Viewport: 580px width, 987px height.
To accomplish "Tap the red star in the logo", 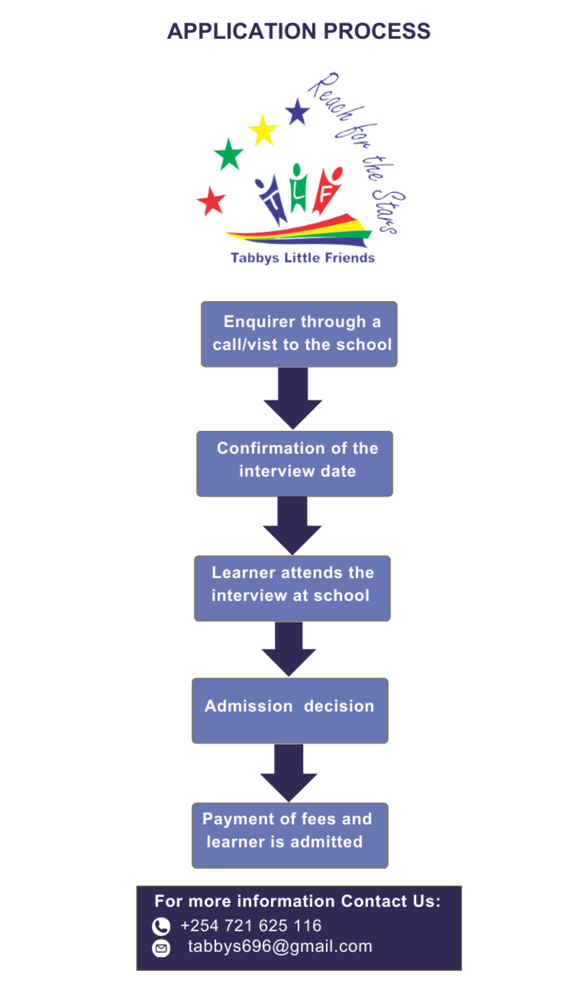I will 211,201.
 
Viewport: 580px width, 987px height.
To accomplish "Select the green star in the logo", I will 229,155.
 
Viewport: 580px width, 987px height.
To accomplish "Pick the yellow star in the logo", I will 263,130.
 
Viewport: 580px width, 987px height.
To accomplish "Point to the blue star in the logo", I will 298,112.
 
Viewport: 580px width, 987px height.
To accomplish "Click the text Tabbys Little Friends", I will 303,258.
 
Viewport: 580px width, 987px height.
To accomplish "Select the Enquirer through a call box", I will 299,333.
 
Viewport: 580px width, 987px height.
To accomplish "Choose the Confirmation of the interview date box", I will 295,463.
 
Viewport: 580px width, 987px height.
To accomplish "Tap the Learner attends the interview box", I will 292,587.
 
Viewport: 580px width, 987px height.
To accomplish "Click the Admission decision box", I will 290,709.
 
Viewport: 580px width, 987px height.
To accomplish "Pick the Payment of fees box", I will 290,834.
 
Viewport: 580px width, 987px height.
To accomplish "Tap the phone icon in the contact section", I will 161,927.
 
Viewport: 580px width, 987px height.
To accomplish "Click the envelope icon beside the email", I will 161,949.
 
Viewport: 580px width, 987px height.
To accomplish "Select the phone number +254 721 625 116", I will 251,926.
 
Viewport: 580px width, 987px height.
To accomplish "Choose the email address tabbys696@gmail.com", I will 280,947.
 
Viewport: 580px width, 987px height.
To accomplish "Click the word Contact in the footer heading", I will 374,901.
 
